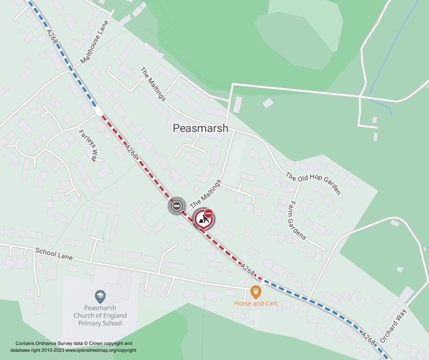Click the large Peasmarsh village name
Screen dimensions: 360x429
tap(200, 128)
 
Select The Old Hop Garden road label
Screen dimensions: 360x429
tap(314, 183)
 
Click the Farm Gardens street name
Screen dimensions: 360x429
tap(296, 220)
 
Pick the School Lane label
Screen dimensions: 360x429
tap(53, 254)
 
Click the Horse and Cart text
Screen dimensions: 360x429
tap(256, 303)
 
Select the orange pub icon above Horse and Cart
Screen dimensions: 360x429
tap(256, 291)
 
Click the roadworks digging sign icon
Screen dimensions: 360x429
tap(203, 219)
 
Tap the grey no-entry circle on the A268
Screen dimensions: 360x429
tap(176, 206)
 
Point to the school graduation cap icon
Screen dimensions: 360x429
tap(100, 297)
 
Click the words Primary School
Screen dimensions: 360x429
tap(100, 323)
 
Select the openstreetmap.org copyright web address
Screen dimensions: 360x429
tap(100, 350)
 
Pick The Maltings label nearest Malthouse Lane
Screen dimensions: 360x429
tap(153, 84)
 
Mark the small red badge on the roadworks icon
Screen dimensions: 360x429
tap(209, 213)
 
